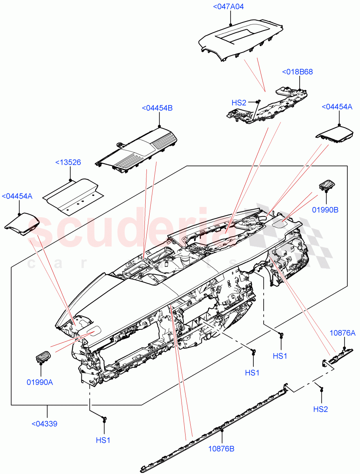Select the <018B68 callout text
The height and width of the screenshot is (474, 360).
coord(297,72)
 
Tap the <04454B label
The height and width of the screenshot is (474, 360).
coord(157,108)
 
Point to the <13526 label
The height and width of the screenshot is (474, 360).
coord(68,162)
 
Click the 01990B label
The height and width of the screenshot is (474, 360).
coord(325,210)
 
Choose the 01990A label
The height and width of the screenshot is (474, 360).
coord(40,382)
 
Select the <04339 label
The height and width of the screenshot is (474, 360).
coord(44,424)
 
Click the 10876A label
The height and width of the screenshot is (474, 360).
coord(342,333)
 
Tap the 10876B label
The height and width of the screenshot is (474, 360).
coord(221,449)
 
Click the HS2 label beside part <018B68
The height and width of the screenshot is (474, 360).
coord(239,103)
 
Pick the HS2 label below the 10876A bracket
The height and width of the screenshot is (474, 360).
coord(321,409)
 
